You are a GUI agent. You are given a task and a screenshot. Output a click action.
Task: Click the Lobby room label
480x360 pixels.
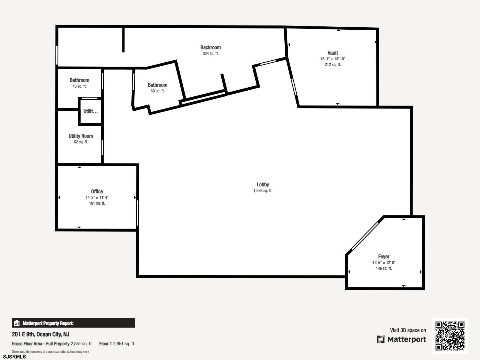coord(262,185)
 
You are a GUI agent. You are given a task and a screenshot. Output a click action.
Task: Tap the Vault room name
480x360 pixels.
coord(333,53)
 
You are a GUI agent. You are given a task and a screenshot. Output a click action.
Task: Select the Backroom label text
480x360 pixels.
coord(210,47)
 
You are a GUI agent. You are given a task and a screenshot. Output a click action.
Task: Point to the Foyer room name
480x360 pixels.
coord(384,256)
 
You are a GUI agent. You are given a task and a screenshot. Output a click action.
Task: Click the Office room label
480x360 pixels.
coord(97,191)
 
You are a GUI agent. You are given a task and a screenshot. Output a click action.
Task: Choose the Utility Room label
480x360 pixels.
coord(81,136)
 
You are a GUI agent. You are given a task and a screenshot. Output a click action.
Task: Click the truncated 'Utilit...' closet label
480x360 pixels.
coord(91,112)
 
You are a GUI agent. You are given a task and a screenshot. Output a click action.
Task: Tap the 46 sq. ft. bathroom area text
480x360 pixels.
coord(79,86)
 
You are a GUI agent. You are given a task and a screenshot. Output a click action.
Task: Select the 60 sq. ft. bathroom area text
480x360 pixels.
coord(157,91)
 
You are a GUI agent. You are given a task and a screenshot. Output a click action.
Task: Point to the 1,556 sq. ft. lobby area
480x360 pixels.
coord(263,190)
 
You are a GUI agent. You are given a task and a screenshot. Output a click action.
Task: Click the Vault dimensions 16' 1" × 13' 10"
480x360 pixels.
coord(333,59)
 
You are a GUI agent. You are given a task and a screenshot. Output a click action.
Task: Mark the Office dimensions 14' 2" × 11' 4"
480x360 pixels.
coord(97,198)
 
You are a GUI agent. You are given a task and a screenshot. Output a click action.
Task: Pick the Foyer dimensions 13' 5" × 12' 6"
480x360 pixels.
coord(384,262)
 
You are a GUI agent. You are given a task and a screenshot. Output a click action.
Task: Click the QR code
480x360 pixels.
coord(450,336)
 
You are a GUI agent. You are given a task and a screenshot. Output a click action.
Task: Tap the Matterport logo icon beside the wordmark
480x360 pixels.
coord(381,339)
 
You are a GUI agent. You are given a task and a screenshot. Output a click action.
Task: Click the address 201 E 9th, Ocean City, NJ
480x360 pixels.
coord(40,334)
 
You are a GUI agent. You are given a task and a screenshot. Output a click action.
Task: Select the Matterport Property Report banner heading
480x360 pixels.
coord(48,323)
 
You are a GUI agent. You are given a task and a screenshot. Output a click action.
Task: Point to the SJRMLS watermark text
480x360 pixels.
coord(14,357)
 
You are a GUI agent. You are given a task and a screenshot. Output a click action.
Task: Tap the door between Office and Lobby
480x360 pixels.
coord(137,213)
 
